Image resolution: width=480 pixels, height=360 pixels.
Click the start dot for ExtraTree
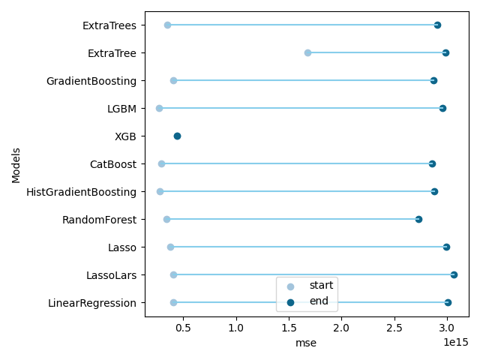coord(307,53)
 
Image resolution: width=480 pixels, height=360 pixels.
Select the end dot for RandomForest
coord(418,220)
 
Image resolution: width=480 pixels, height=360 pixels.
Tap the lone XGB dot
coord(177,136)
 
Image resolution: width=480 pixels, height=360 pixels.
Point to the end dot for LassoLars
coord(454,275)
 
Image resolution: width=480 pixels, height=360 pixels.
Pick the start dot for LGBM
coord(159,108)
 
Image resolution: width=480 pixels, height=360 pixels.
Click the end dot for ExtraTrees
coord(437,25)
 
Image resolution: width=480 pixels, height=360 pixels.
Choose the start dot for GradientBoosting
coord(173,81)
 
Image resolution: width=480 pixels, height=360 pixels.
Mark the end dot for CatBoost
coord(432,164)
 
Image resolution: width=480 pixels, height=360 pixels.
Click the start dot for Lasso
coord(170,247)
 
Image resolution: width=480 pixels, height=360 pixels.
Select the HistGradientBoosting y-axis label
coord(82,192)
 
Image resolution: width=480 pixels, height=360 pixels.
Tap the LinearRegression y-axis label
coord(92,303)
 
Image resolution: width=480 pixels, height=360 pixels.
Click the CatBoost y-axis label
coord(113,164)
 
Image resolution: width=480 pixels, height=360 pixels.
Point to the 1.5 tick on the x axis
coord(289,318)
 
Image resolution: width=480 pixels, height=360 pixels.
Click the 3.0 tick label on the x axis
coord(447,328)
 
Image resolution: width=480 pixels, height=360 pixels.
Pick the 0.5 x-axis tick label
coord(183,328)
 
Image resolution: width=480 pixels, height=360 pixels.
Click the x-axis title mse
coord(306,343)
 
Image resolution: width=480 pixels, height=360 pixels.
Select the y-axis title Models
coord(16,166)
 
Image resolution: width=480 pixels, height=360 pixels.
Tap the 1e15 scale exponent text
coord(456,342)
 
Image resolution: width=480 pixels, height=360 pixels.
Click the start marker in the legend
coord(290,286)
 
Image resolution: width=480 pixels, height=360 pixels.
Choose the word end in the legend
coord(319,301)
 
